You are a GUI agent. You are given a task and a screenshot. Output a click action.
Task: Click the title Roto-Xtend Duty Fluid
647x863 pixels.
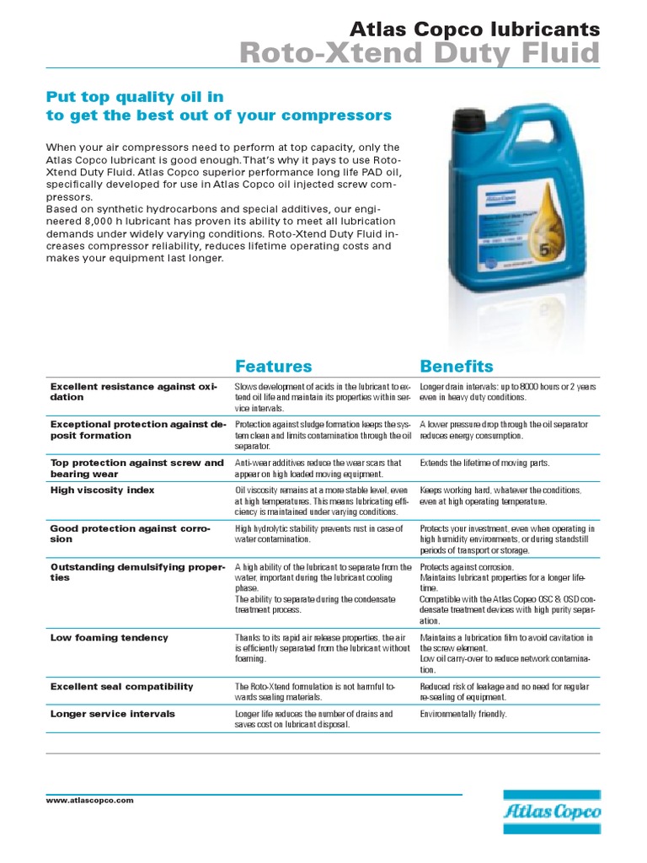pos(420,53)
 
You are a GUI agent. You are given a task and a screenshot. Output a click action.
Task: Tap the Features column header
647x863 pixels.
pos(273,366)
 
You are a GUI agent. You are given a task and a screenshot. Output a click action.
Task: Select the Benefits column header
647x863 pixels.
pos(456,366)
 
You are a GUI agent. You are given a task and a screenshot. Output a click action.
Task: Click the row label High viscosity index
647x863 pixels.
pos(102,490)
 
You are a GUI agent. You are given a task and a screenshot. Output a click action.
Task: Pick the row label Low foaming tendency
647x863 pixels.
pos(109,638)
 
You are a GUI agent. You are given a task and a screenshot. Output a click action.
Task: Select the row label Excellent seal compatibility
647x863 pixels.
pos(121,687)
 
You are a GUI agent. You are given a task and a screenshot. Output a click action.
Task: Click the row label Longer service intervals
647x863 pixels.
pos(112,714)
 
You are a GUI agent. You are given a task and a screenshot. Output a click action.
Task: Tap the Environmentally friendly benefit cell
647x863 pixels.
pos(463,714)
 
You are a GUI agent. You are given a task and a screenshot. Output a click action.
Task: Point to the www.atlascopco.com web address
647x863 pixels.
pos(89,801)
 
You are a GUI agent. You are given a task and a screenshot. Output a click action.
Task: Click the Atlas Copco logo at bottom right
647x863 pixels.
pos(552,810)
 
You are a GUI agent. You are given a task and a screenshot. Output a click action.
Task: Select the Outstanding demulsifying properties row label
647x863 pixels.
pos(136,572)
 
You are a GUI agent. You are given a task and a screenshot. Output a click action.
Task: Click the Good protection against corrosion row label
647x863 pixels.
pos(133,533)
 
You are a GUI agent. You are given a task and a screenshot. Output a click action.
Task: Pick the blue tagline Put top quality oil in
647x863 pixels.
pos(134,97)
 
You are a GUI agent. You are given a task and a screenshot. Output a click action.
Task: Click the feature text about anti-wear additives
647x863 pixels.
pos(318,468)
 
